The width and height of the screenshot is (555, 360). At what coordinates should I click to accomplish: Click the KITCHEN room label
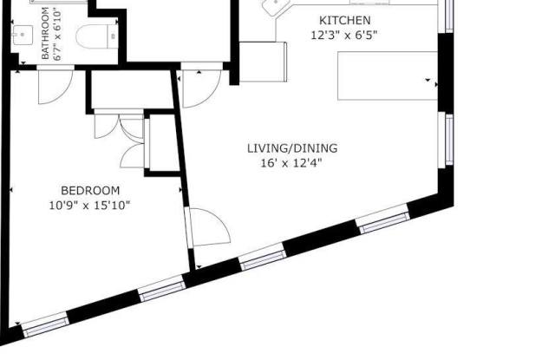345,21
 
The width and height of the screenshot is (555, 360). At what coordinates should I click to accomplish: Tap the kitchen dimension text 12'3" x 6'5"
343,36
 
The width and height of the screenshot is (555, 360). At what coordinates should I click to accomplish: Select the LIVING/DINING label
292,148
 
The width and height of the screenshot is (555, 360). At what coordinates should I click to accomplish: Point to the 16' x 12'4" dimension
291,163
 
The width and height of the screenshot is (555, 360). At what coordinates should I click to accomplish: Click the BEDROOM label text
90,191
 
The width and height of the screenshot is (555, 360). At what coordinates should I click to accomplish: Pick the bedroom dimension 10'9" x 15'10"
89,206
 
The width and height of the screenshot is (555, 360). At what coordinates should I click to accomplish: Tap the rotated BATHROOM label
45,33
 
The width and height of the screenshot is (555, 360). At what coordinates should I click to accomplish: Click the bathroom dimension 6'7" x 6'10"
57,36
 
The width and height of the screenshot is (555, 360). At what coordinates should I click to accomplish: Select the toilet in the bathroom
96,36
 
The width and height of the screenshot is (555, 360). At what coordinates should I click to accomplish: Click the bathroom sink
23,35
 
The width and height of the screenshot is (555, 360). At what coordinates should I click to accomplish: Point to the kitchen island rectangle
388,75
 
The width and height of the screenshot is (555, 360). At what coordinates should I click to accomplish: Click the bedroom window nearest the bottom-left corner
46,324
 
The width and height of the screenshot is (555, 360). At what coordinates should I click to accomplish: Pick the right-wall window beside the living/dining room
446,140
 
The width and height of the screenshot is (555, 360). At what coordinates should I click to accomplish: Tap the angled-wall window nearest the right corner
383,219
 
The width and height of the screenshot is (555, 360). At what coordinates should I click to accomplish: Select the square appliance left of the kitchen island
263,62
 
